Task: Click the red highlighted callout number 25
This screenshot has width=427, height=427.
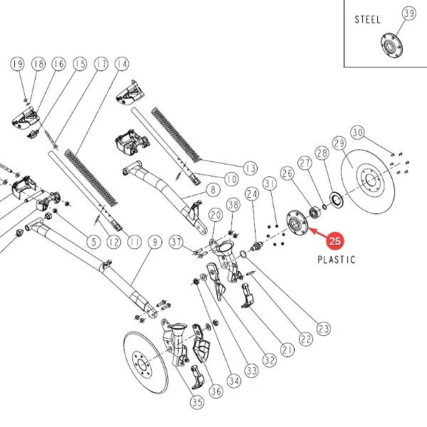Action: [x=334, y=241]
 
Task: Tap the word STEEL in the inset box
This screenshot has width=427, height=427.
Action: [x=367, y=20]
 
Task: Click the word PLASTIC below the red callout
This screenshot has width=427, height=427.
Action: [x=337, y=260]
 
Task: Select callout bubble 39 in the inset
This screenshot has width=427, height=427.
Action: [x=409, y=13]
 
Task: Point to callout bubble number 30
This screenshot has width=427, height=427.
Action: [x=357, y=132]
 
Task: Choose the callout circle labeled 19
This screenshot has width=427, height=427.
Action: [x=18, y=64]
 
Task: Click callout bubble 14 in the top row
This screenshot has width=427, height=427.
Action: [x=122, y=64]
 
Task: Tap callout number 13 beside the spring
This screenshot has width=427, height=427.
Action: [x=251, y=168]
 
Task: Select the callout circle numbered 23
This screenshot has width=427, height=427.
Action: [x=324, y=329]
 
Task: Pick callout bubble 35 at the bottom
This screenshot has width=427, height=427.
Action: [x=197, y=402]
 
